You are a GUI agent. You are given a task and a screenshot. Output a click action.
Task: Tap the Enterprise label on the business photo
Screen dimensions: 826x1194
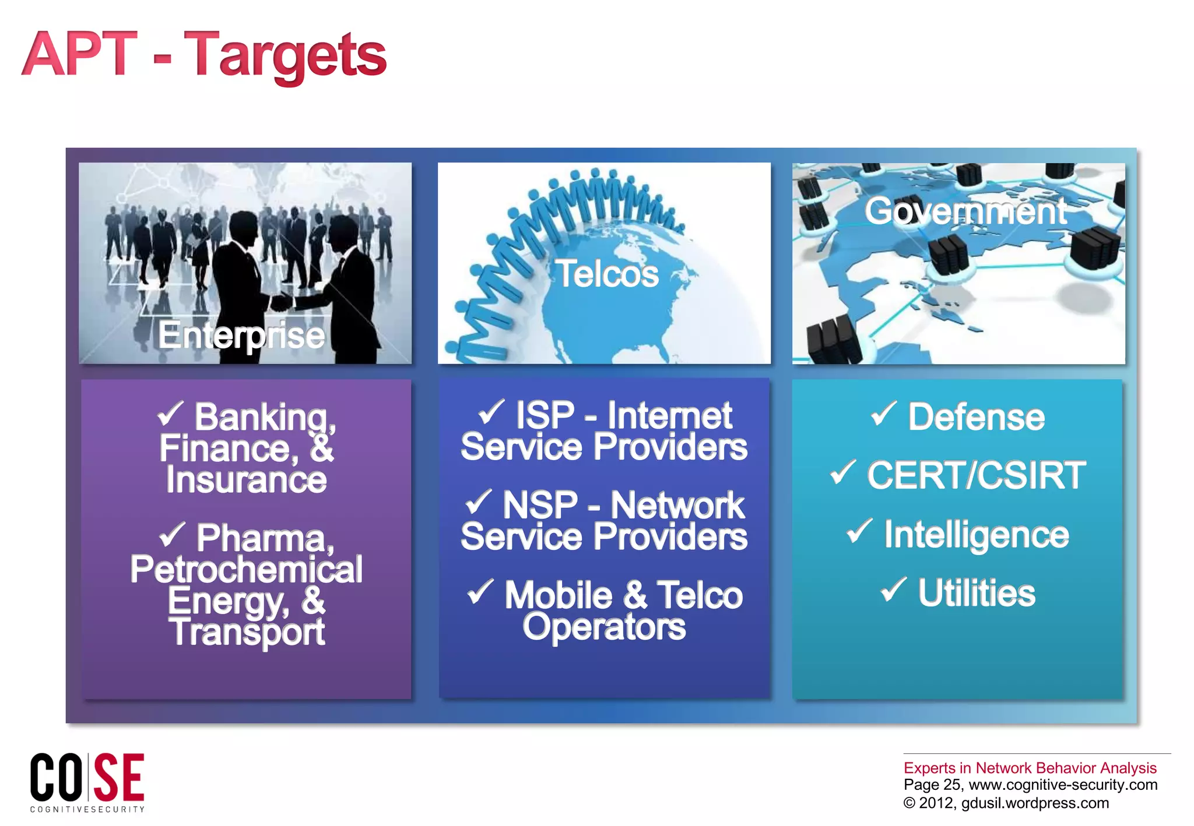(241, 335)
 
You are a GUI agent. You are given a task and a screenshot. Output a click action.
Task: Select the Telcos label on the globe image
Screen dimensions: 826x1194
(607, 273)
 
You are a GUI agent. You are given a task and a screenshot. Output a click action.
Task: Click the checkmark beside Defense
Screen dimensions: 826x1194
(883, 414)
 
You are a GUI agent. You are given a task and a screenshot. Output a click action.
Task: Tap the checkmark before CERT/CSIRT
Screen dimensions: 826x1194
(843, 472)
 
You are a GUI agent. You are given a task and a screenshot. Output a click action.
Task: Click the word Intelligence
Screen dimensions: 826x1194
(977, 535)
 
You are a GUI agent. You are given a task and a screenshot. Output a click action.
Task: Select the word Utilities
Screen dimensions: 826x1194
(977, 593)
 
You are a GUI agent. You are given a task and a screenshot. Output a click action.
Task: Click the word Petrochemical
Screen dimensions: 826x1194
(246, 569)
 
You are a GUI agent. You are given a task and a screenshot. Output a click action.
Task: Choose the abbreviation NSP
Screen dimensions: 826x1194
(540, 504)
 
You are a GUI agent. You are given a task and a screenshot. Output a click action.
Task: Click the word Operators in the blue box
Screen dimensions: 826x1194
(604, 627)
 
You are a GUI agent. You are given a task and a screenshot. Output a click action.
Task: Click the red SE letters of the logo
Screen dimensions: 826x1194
(119, 777)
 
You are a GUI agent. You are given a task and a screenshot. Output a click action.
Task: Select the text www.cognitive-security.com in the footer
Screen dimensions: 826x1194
(1063, 785)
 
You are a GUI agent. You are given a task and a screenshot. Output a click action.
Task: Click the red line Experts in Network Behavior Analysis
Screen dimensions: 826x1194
(1030, 768)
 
